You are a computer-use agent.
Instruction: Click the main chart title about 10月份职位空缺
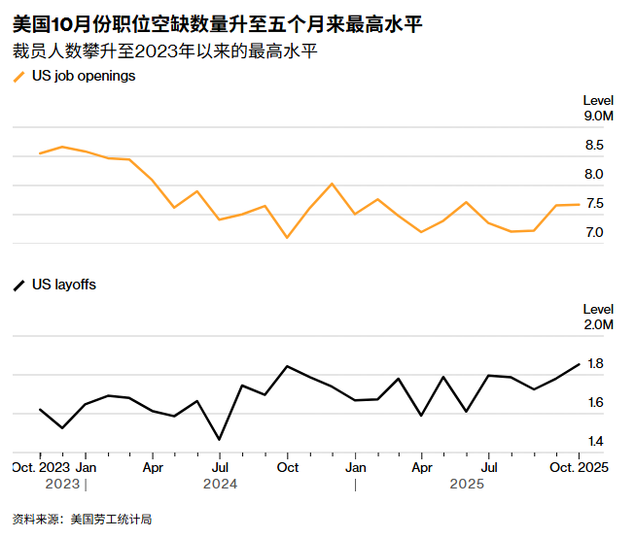point(218,22)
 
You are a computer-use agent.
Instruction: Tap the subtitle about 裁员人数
point(165,50)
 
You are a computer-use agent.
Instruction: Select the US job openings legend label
point(84,76)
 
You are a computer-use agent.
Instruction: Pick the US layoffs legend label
point(64,285)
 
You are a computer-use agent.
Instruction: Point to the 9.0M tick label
point(598,117)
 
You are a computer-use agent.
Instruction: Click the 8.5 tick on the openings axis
point(593,146)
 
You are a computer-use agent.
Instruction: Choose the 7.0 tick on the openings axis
point(593,233)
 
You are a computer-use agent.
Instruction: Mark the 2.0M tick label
point(598,325)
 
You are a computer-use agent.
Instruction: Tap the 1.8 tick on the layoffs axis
point(595,364)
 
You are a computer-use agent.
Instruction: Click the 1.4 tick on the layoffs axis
point(595,442)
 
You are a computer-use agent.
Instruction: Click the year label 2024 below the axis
point(220,483)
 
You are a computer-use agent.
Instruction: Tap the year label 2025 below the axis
point(468,483)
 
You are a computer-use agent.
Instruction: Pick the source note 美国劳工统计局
point(83,520)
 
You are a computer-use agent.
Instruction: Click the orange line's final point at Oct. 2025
point(580,204)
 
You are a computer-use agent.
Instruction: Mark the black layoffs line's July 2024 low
point(219,439)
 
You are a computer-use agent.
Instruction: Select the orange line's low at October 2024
point(287,237)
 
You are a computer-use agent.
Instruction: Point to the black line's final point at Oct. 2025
point(580,364)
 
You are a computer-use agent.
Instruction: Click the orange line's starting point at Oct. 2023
point(40,153)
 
